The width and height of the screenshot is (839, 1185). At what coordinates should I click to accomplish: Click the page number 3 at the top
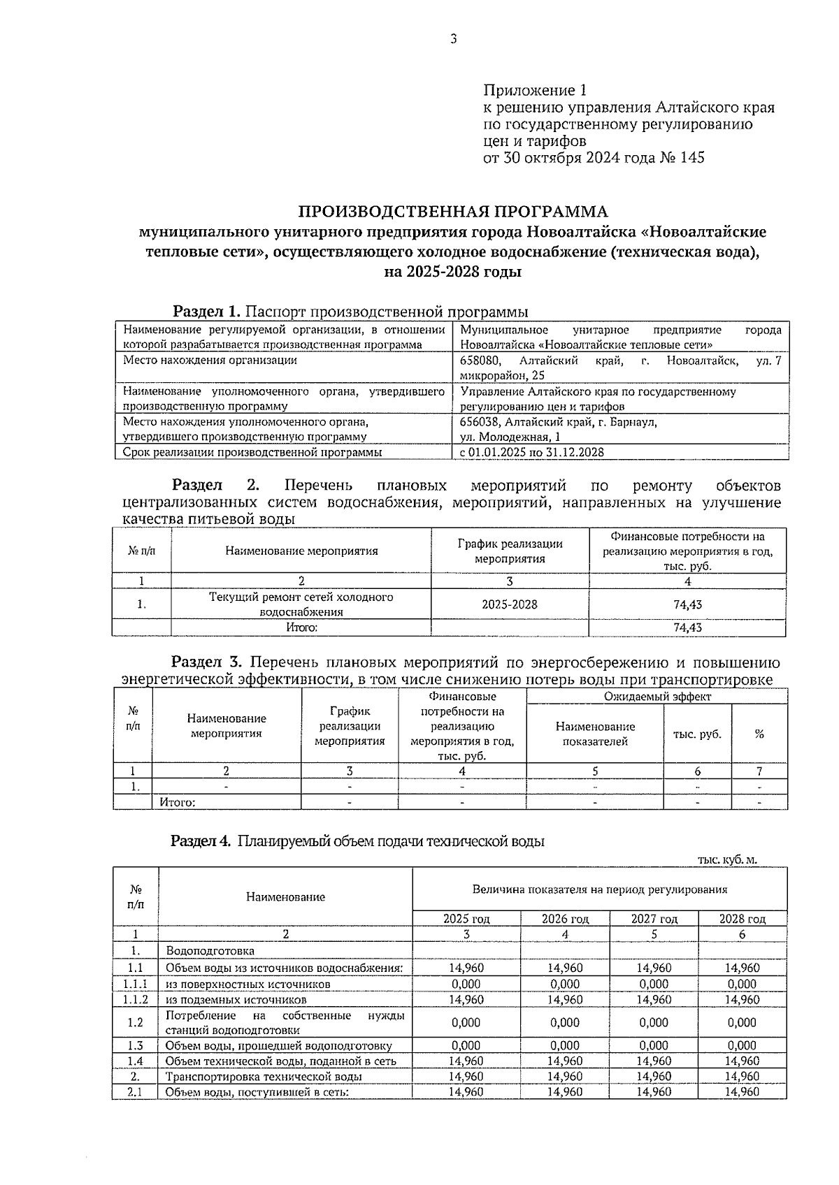(x=453, y=40)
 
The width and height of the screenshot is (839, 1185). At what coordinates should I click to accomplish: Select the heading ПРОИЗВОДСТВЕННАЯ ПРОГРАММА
(x=453, y=212)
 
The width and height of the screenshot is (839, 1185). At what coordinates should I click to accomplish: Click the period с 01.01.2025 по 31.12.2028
(x=531, y=453)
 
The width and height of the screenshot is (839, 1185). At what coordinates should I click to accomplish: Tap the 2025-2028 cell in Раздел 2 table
(x=510, y=604)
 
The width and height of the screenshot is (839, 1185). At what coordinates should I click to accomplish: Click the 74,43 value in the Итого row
(x=687, y=627)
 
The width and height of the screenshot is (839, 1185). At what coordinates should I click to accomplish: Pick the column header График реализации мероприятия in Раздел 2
(x=510, y=551)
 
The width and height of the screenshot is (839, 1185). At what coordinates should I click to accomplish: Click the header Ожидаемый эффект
(x=657, y=697)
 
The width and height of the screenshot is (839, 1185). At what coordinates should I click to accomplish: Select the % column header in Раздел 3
(x=759, y=734)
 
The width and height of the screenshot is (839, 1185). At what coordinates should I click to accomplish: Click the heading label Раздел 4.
(x=201, y=842)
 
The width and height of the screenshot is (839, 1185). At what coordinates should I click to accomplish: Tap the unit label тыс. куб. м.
(x=727, y=861)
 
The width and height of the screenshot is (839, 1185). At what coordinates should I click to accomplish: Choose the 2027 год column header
(x=654, y=919)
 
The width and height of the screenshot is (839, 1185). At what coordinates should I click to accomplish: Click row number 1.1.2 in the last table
(x=135, y=1000)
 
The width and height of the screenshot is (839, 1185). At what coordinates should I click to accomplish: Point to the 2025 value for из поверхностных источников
(x=466, y=984)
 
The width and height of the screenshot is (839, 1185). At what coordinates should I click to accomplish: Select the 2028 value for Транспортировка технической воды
(x=742, y=1077)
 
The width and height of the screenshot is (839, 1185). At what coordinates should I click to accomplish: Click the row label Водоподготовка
(x=210, y=951)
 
